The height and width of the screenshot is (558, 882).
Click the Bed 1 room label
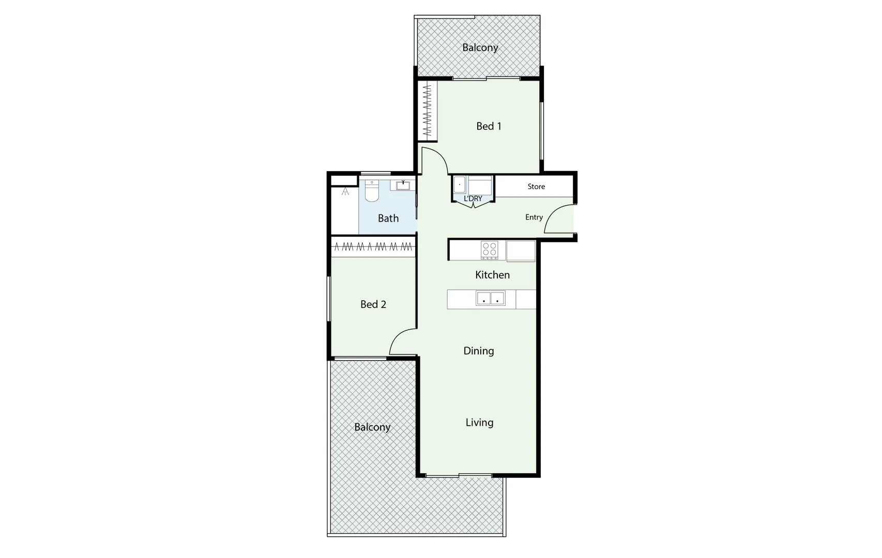click(489, 126)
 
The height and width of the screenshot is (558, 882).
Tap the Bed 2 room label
click(373, 304)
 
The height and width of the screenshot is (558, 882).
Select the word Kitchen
click(492, 275)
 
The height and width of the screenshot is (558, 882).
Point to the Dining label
click(479, 351)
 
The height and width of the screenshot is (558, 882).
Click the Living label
click(479, 423)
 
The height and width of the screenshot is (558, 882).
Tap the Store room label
click(536, 187)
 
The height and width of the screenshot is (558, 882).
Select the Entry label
click(534, 218)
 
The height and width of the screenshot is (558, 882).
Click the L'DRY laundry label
click(473, 199)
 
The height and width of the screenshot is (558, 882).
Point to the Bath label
click(388, 219)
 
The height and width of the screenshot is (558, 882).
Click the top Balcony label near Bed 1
click(480, 48)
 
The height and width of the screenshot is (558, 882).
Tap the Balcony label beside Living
click(372, 427)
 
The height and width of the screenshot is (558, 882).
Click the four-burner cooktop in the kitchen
click(489, 250)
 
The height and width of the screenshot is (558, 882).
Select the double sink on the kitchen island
click(490, 299)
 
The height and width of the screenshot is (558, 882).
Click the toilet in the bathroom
click(372, 191)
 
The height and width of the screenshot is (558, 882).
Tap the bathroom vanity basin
click(403, 184)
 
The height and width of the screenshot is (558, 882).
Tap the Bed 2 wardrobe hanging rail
click(373, 247)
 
